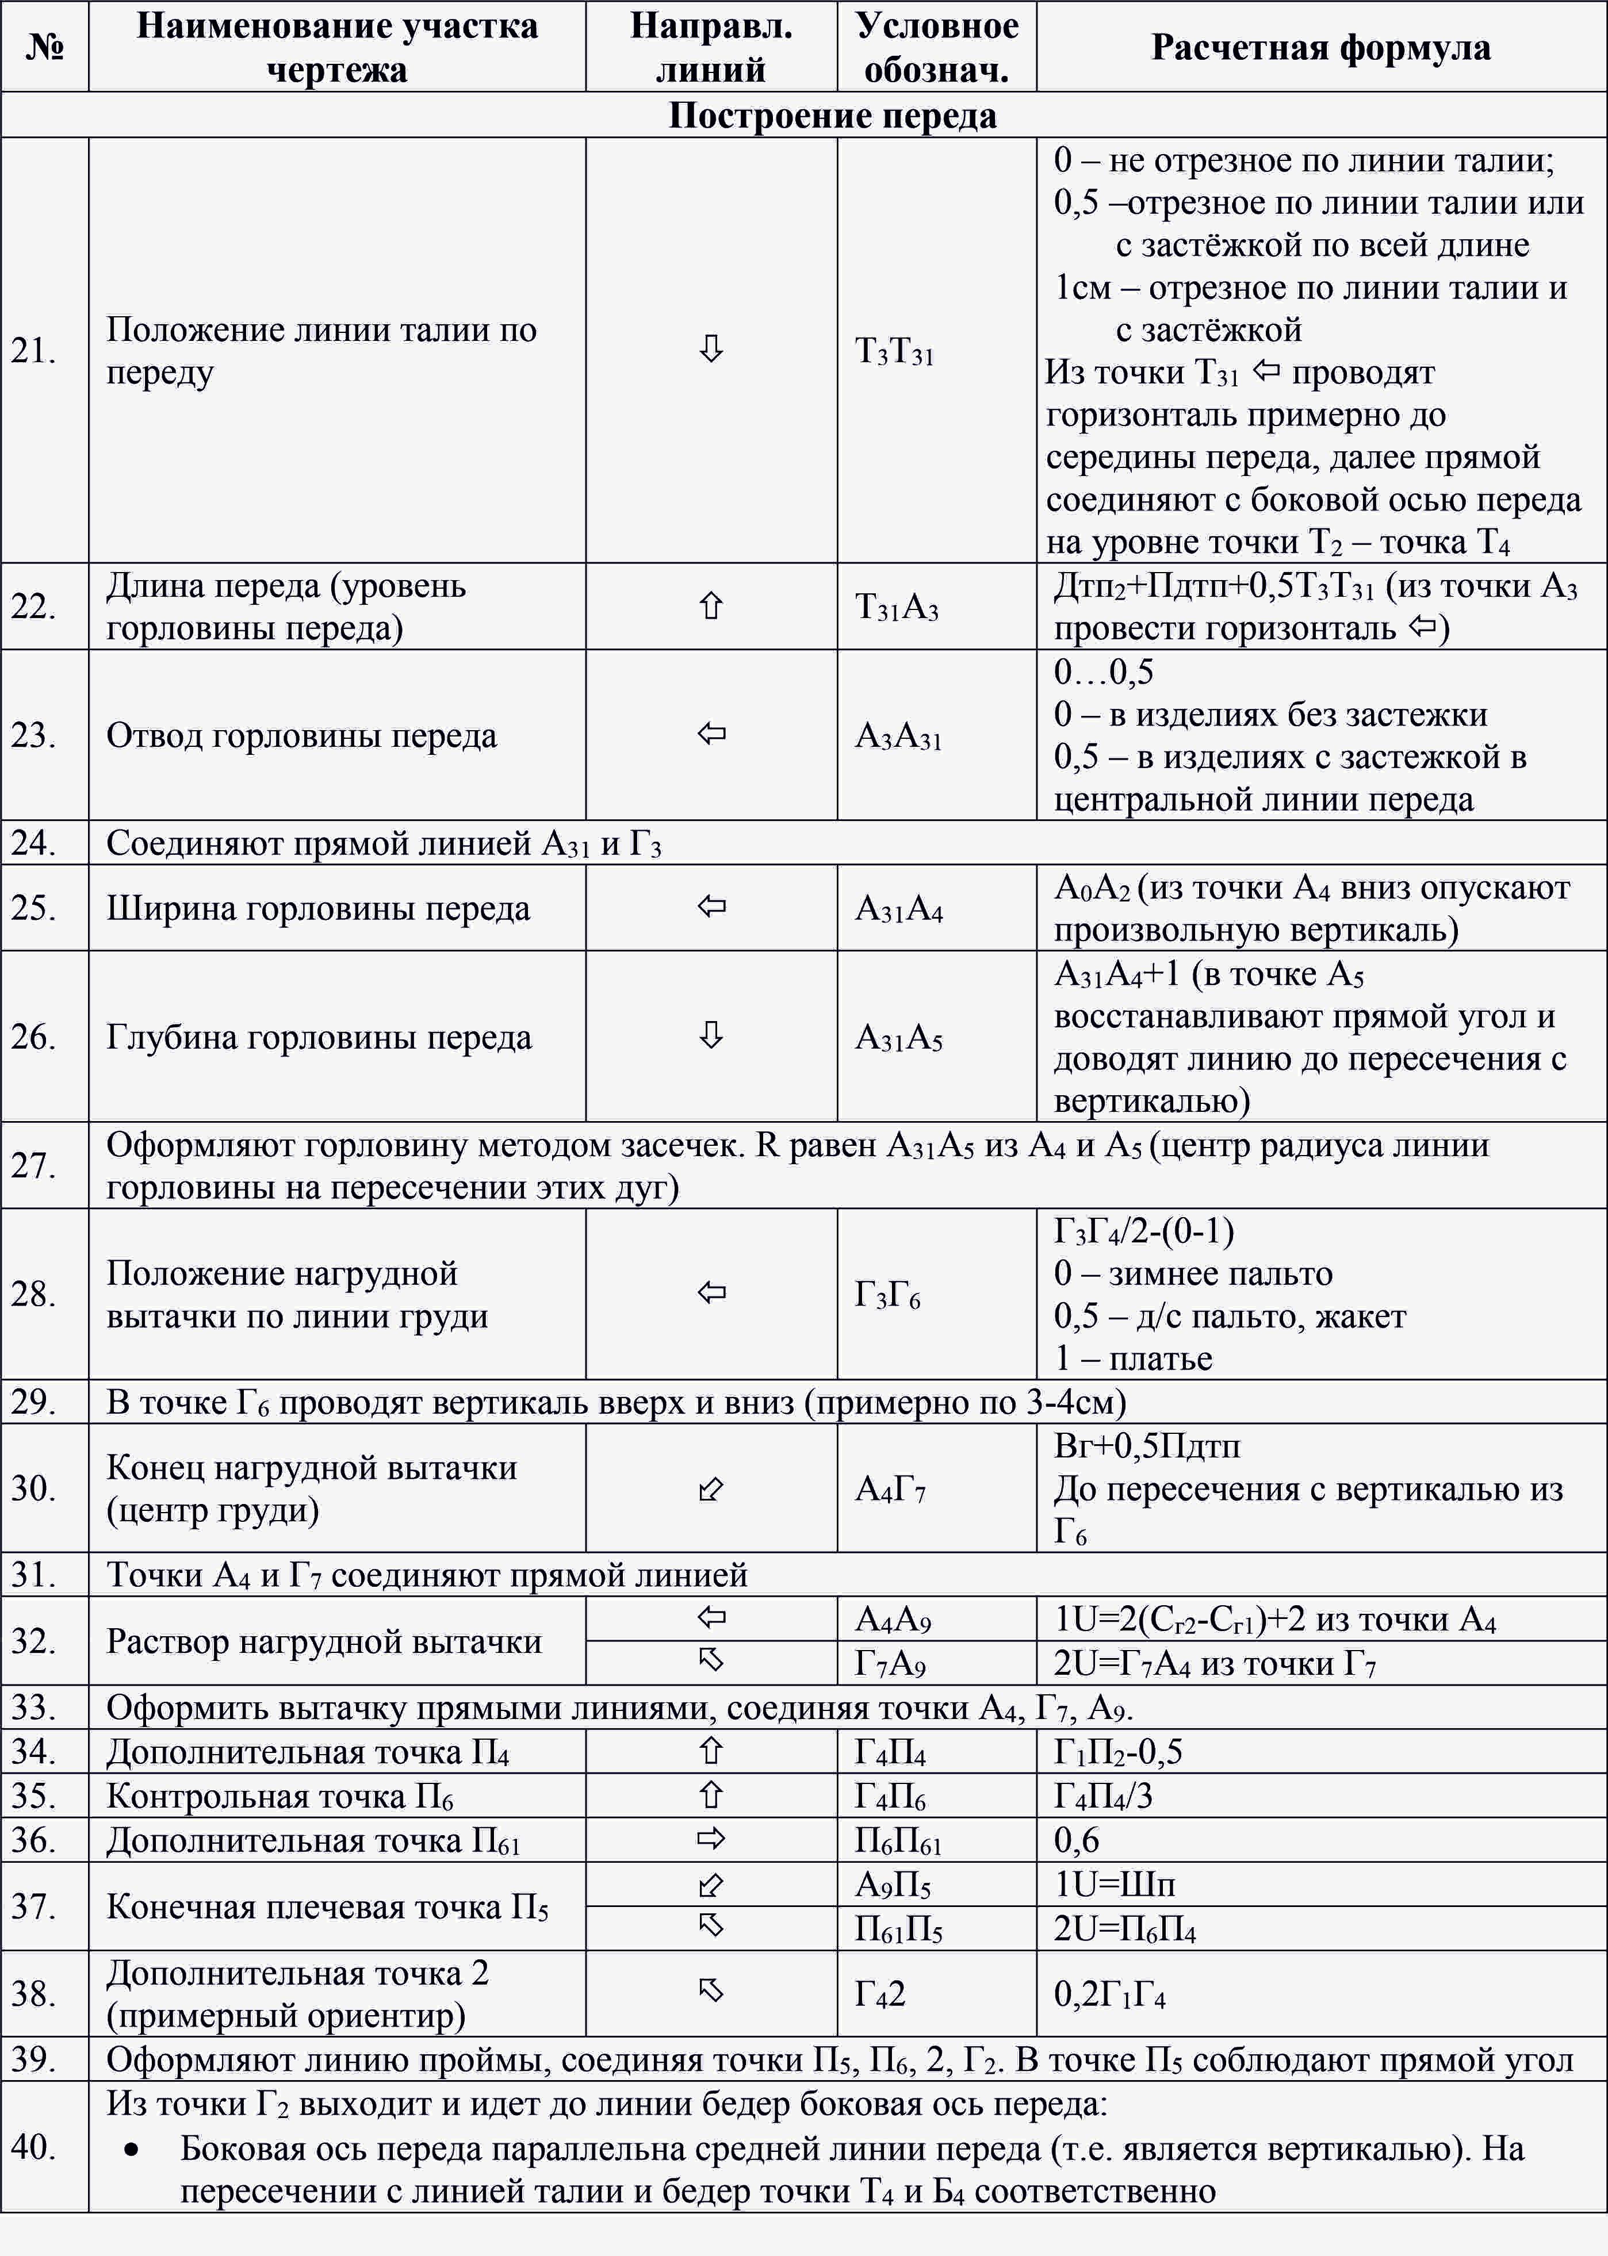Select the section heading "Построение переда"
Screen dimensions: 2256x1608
pos(832,116)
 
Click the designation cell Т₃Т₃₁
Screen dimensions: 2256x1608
pos(894,351)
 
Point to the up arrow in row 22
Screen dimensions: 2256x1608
pos(711,606)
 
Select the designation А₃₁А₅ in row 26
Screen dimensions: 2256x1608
pos(898,1037)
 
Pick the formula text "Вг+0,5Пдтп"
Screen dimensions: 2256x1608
pos(1147,1447)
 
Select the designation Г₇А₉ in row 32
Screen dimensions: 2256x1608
pos(890,1664)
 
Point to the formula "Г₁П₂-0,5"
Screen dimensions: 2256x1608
pos(1118,1752)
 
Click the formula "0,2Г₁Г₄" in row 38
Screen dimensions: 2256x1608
pos(1109,1994)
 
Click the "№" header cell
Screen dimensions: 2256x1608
pos(44,47)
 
